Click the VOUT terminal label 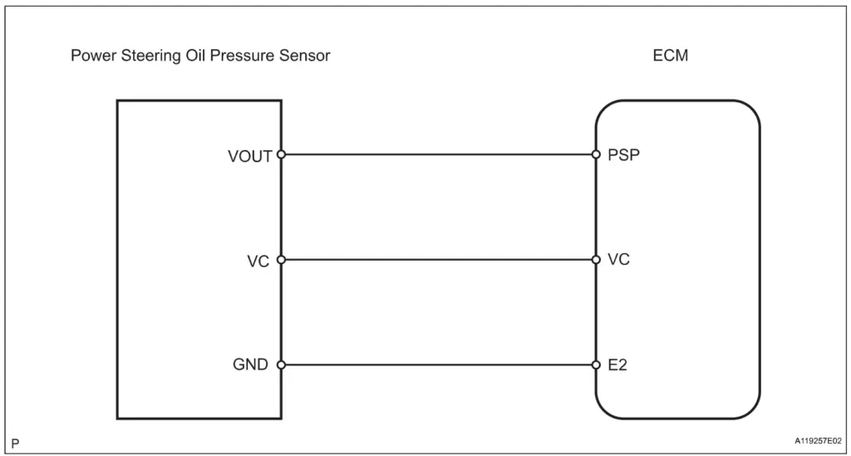pyautogui.click(x=249, y=155)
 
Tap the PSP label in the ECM pyautogui.click(x=623, y=154)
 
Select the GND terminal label pyautogui.click(x=250, y=365)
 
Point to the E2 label pyautogui.click(x=617, y=365)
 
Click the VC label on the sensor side pyautogui.click(x=258, y=261)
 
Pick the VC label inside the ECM pyautogui.click(x=618, y=259)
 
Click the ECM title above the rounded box pyautogui.click(x=671, y=56)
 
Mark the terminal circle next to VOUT pyautogui.click(x=281, y=154)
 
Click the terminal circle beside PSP pyautogui.click(x=596, y=154)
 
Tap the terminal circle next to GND pyautogui.click(x=281, y=365)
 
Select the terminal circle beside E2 pyautogui.click(x=596, y=365)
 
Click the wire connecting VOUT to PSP pyautogui.click(x=438, y=154)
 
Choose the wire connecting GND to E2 pyautogui.click(x=438, y=365)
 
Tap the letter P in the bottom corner pyautogui.click(x=15, y=444)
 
